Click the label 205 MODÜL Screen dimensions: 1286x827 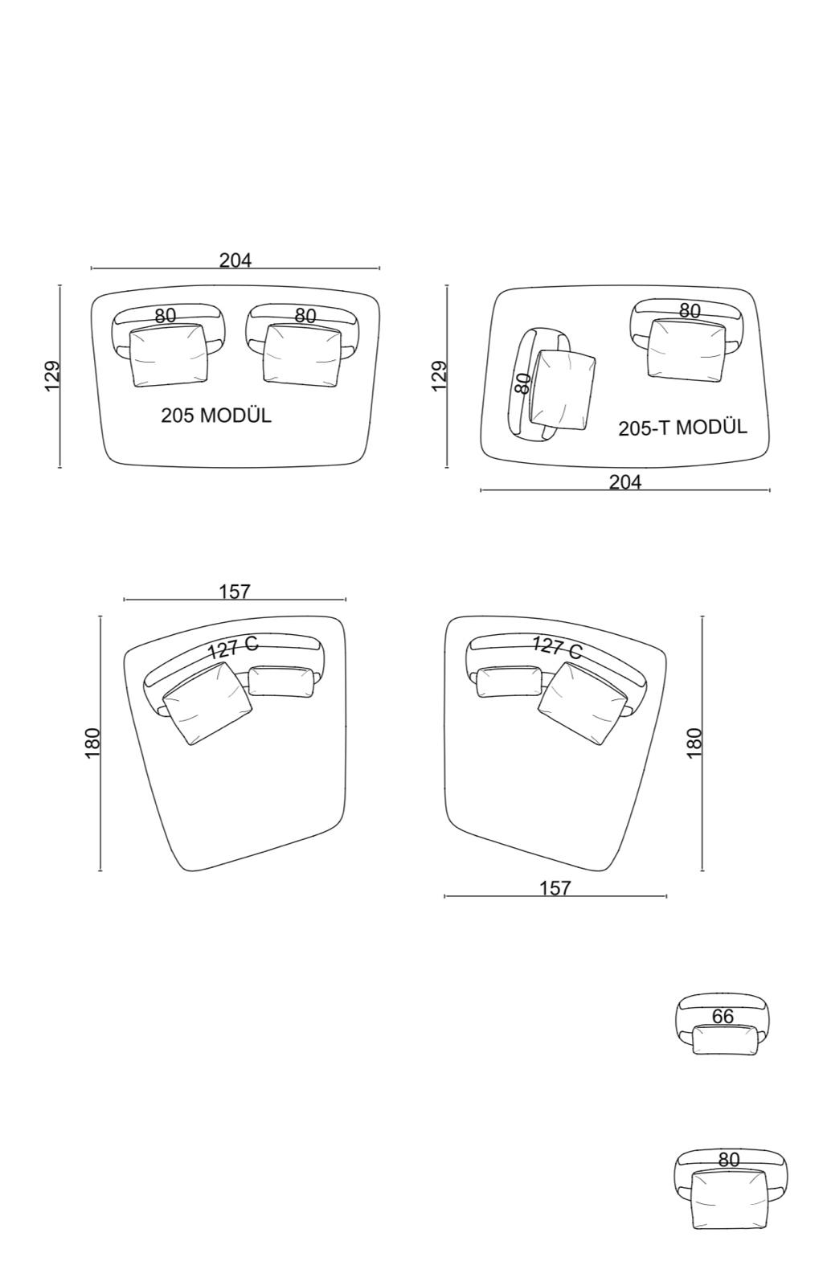coord(216,416)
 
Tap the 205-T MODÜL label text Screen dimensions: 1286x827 coord(682,427)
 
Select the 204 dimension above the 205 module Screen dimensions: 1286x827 coord(235,260)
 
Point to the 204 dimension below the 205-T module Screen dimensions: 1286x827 coord(625,481)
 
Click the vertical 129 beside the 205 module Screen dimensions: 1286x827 coord(52,375)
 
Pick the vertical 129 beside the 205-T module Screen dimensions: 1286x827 coord(440,375)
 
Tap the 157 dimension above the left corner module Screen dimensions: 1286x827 coord(235,592)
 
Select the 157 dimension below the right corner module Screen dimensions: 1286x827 coord(555,887)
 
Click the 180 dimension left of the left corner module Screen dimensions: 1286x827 coord(92,743)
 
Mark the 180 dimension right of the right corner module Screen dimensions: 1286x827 coord(694,743)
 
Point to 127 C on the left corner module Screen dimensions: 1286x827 coord(233,647)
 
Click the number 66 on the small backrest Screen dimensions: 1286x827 coord(723,1016)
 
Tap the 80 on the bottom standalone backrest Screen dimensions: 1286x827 coord(728,1160)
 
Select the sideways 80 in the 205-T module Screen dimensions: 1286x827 coord(522,383)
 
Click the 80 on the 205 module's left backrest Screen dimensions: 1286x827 coord(165,316)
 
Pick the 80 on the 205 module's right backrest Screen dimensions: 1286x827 coord(305,316)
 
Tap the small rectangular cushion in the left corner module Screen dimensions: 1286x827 coord(280,682)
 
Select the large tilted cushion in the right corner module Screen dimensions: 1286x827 coord(583,702)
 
